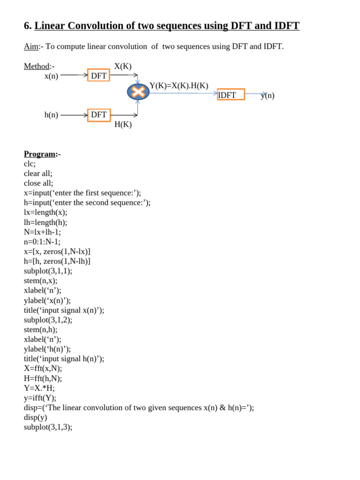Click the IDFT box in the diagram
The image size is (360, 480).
click(231, 95)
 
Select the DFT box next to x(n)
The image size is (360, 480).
click(98, 75)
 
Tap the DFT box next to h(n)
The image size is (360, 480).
click(98, 115)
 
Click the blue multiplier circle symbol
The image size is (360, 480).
click(138, 92)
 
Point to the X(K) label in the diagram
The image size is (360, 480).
click(123, 66)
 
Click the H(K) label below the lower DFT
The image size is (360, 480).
click(123, 125)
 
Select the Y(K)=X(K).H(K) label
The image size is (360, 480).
click(179, 85)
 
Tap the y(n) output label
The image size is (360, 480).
click(268, 96)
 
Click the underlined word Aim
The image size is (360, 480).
click(31, 47)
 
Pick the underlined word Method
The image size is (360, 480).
click(37, 66)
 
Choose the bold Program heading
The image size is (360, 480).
click(40, 154)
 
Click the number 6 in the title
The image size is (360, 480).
click(27, 26)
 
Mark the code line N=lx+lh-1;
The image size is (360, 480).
click(42, 232)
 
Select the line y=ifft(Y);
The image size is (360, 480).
click(40, 398)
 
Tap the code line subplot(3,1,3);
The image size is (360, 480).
click(48, 427)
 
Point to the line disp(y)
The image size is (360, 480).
click(36, 417)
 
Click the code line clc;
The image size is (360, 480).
click(30, 164)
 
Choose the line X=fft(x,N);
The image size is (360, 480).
click(43, 368)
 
